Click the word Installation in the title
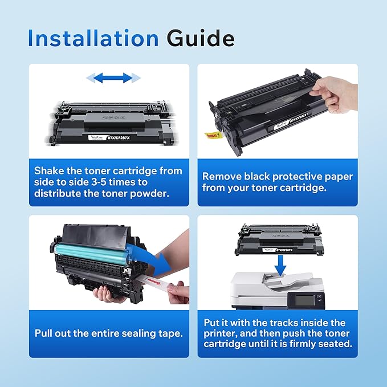[x=93, y=38]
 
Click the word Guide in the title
[x=201, y=38]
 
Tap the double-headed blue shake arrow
[x=113, y=78]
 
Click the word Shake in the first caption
[x=51, y=171]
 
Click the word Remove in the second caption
[x=222, y=177]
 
